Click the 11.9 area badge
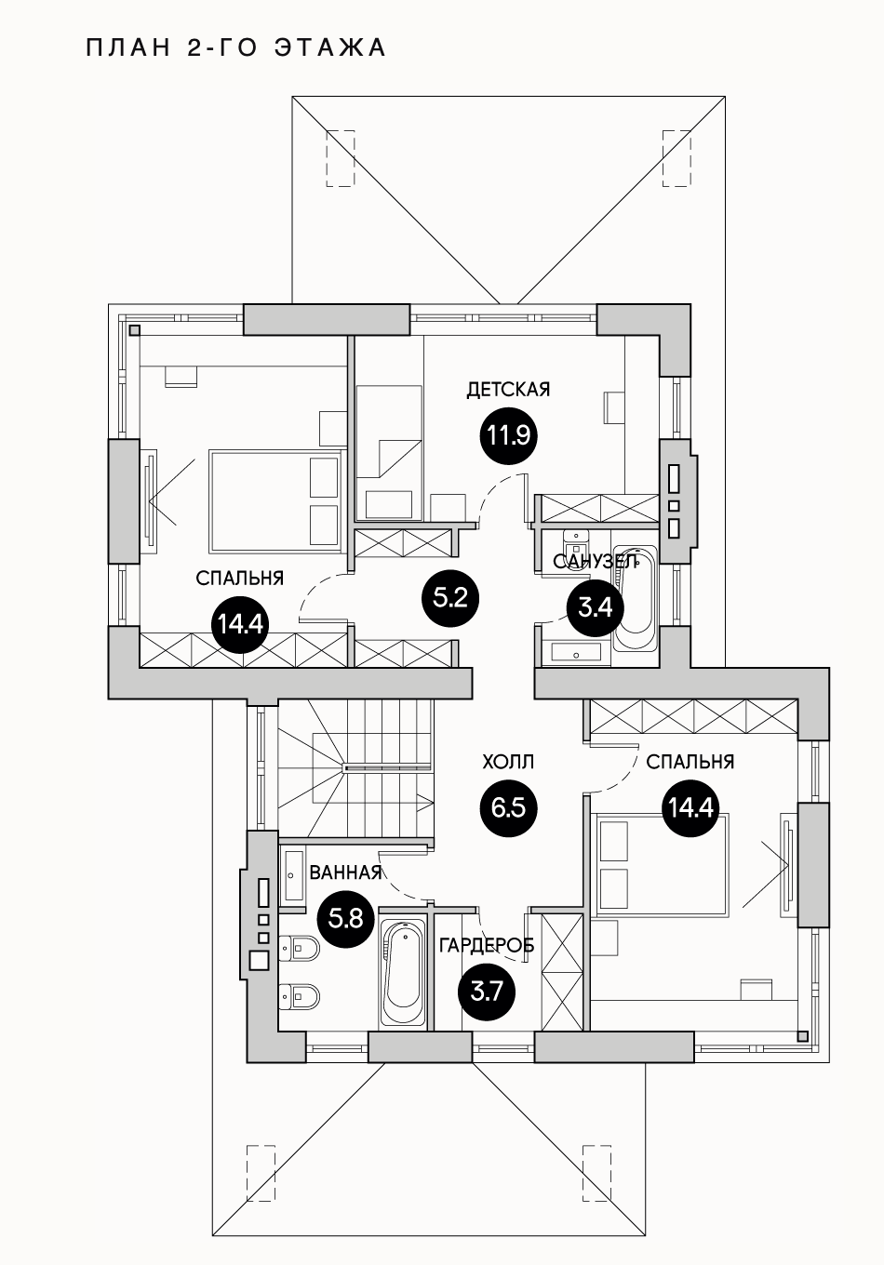point(509,435)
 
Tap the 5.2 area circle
point(450,596)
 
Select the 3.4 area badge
point(595,607)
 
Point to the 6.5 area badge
point(508,806)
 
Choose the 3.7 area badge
point(487,992)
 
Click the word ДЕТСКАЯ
point(508,390)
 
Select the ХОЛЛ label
point(508,763)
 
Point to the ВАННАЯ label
point(345,872)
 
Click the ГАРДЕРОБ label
point(486,945)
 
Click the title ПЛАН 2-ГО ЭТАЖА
point(235,47)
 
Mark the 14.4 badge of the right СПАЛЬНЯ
point(690,806)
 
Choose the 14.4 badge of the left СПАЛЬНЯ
point(240,623)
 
